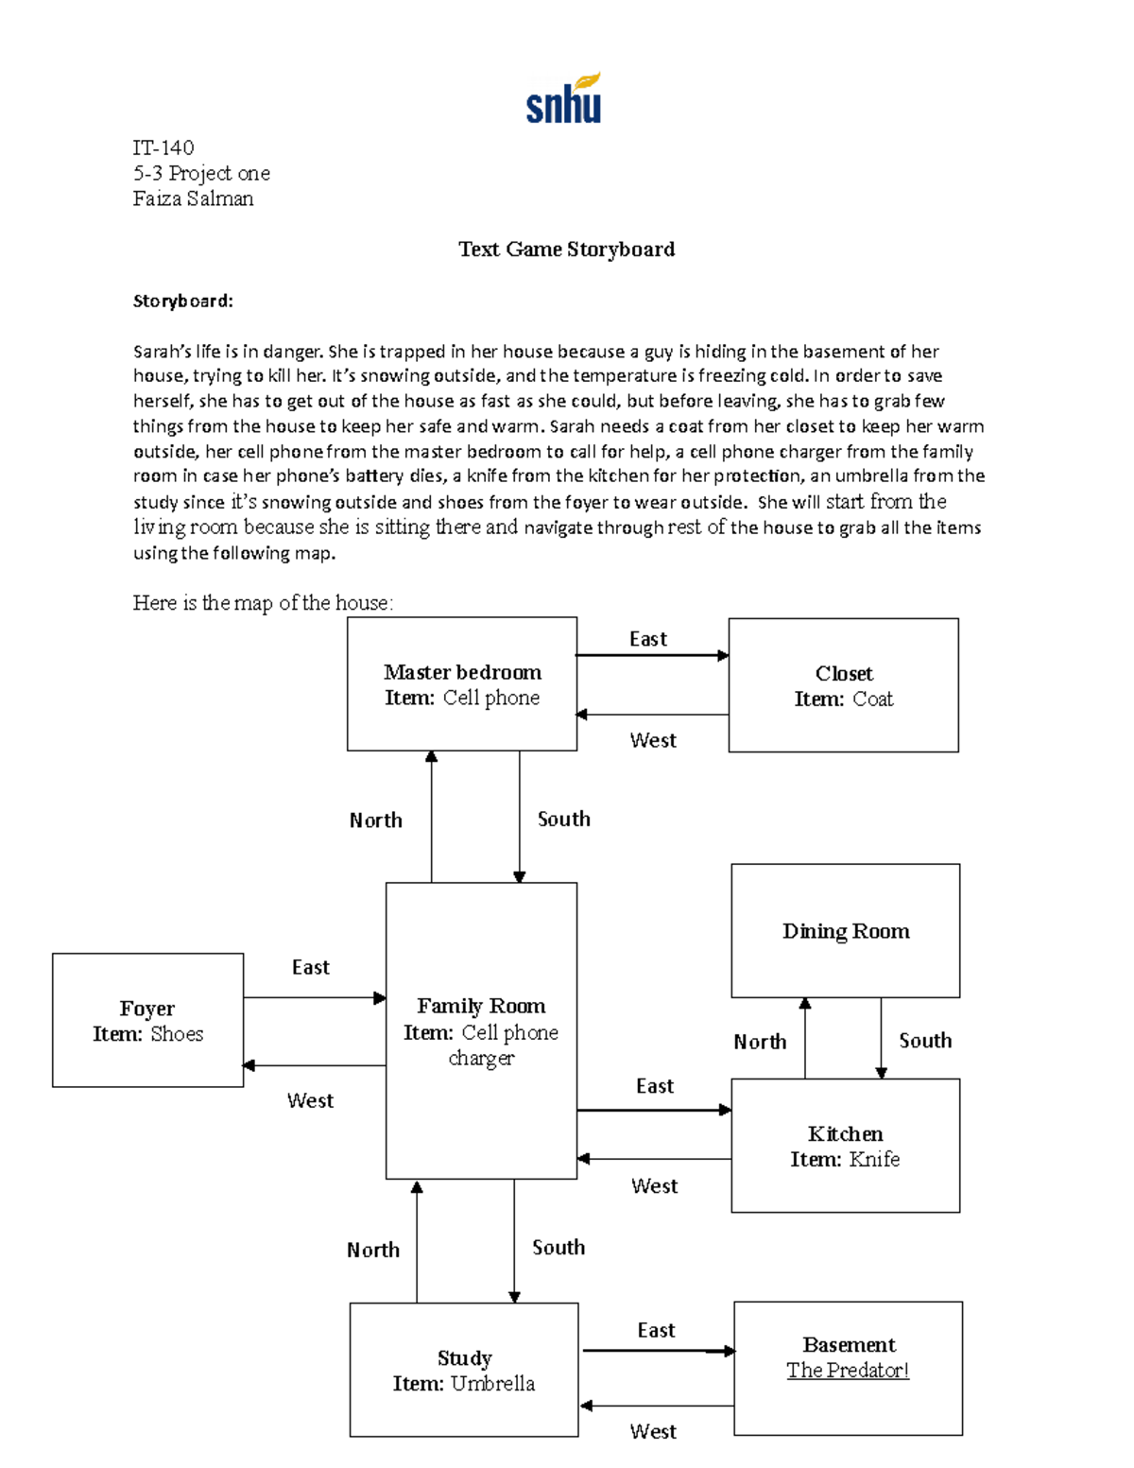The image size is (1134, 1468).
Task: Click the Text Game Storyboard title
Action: point(566,250)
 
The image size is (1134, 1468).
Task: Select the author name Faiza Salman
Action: point(193,199)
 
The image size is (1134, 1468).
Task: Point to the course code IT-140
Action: point(163,147)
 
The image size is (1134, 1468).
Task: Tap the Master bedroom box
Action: point(462,684)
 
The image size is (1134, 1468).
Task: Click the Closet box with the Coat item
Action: point(843,685)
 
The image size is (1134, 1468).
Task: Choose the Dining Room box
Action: point(846,931)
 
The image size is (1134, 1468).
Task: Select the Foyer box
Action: point(147,1020)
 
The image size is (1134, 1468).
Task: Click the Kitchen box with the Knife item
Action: point(845,1146)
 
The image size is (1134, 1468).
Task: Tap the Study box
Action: point(464,1370)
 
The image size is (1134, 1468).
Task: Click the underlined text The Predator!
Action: point(848,1370)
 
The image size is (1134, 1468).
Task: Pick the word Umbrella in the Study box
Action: point(492,1384)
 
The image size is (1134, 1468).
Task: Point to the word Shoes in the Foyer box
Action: point(177,1034)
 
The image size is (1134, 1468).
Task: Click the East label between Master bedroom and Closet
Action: point(648,639)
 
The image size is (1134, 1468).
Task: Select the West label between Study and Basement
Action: point(653,1431)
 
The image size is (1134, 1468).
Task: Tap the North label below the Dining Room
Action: point(760,1042)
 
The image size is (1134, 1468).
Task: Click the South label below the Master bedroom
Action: point(563,819)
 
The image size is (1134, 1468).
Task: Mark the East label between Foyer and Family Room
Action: point(310,967)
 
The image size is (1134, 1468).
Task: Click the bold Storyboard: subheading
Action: point(182,301)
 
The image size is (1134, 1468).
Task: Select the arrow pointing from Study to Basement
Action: point(658,1351)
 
